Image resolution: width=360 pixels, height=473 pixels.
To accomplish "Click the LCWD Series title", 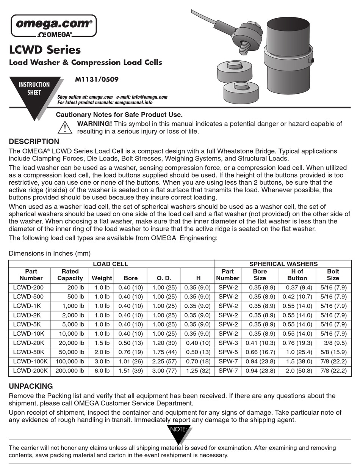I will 45,50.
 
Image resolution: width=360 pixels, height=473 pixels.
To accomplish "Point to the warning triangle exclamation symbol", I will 65,127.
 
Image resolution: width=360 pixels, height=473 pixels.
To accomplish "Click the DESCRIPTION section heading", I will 34,141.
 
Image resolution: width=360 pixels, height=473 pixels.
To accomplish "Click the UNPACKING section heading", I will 31,386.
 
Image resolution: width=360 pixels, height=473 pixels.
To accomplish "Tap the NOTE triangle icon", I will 180,432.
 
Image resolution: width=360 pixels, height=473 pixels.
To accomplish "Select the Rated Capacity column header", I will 70,275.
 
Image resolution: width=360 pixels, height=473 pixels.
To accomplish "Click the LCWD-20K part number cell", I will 28,343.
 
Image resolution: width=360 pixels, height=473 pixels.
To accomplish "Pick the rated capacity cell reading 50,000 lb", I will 70,352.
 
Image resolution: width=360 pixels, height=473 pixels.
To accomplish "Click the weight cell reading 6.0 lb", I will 102,371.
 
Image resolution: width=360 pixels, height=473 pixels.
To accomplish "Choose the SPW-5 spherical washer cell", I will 228,352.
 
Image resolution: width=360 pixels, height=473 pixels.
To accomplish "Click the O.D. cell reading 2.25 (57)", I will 164,361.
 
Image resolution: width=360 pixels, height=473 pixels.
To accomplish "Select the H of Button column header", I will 297,275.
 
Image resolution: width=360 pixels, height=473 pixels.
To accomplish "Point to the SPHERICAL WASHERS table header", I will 283,264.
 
